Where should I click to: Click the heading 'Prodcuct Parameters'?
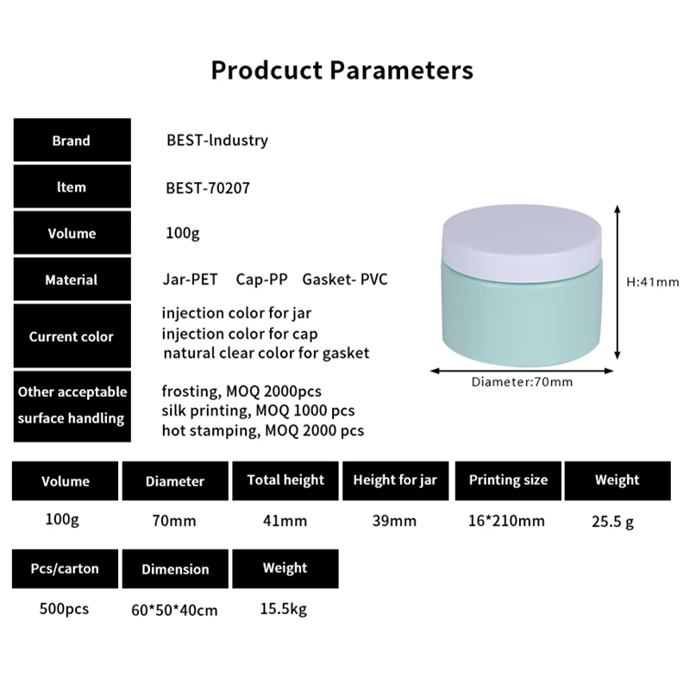[x=342, y=70]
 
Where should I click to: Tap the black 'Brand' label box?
[x=71, y=141]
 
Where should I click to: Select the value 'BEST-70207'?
[x=207, y=187]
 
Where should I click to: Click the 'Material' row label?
[x=71, y=279]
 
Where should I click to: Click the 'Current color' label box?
[x=71, y=336]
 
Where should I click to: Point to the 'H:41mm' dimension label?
[x=653, y=281]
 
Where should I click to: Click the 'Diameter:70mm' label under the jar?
[x=522, y=381]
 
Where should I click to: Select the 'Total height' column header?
[x=285, y=480]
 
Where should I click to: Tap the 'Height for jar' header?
[x=396, y=480]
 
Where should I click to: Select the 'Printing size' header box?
[x=508, y=480]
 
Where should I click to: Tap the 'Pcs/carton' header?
[x=65, y=568]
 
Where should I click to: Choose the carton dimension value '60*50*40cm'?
[x=175, y=610]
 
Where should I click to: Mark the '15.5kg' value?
[x=284, y=609]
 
